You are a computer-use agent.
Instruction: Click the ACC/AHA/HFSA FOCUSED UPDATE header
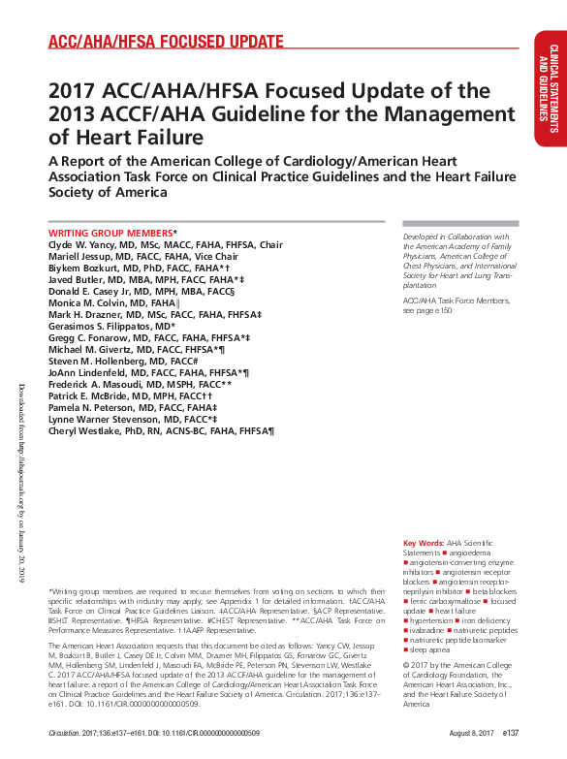pyautogui.click(x=166, y=42)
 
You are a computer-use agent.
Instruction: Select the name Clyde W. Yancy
pyautogui.click(x=81, y=245)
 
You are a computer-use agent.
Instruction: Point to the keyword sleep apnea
pyautogui.click(x=432, y=649)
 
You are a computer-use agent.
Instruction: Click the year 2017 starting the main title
pyautogui.click(x=73, y=91)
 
